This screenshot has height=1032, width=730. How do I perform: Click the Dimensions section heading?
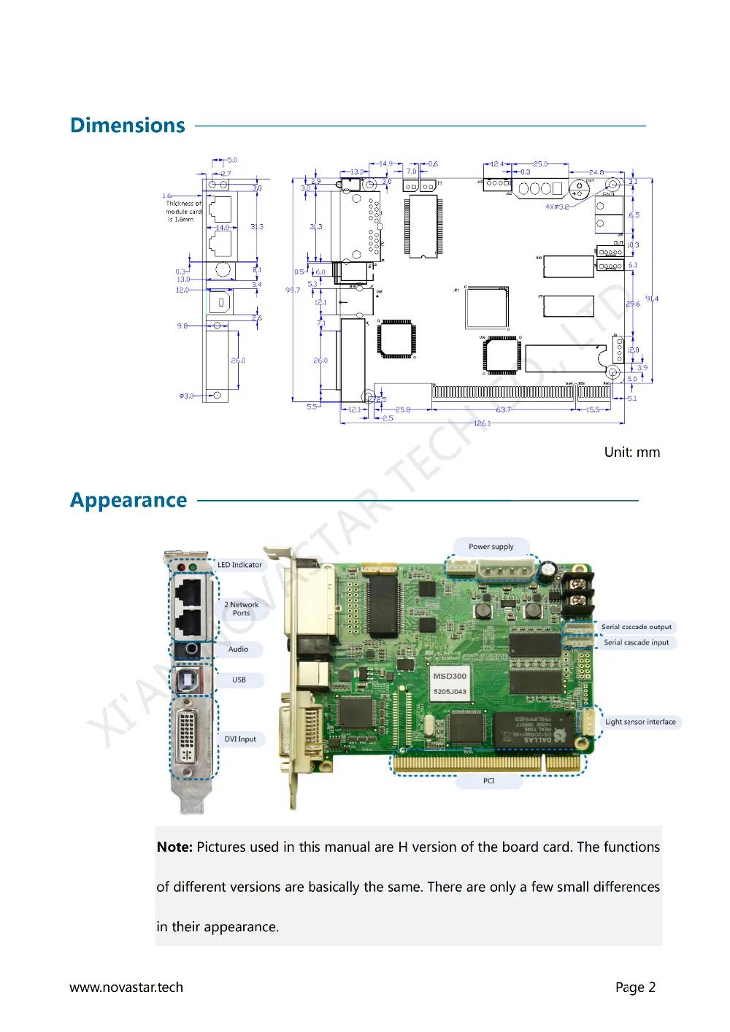128,126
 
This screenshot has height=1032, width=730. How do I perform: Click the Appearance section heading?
128,501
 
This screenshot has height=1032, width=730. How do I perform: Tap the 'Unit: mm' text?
631,453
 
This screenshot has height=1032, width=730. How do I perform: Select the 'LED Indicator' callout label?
239,565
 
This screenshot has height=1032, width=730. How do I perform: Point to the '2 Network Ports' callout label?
242,609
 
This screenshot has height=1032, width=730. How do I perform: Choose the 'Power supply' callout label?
491,547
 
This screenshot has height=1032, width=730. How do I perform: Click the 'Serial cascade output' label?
636,627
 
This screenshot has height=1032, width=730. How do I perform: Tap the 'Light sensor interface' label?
640,722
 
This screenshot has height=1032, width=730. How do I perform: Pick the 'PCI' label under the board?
488,781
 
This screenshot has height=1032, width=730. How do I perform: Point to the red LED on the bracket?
181,567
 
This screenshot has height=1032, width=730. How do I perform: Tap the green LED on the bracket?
193,567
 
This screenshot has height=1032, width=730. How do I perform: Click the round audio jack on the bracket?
191,649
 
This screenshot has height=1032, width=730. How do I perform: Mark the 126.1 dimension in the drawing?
482,423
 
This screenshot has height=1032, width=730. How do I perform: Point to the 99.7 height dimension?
293,290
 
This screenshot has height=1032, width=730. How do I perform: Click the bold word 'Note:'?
174,847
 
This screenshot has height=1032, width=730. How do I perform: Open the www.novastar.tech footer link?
126,987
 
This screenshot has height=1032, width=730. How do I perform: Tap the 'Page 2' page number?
635,987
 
